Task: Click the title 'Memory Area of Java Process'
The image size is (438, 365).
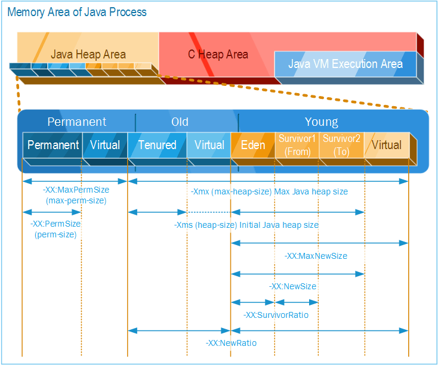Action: [77, 12]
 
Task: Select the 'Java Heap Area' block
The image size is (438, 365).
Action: [88, 54]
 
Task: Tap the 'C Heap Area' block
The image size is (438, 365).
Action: [218, 54]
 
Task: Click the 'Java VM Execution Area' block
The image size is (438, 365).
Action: [345, 64]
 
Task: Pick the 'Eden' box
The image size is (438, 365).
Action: [253, 145]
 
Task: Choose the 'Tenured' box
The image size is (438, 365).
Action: [158, 145]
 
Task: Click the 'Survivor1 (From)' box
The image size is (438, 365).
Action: [297, 145]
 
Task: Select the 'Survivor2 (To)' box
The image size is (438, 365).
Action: [341, 145]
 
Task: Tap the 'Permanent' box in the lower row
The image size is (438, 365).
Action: [53, 145]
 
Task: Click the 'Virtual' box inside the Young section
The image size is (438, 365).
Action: [386, 145]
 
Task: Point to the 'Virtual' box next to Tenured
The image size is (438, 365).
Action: [209, 145]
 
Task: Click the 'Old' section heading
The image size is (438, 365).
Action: [180, 122]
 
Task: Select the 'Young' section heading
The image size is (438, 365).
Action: [321, 122]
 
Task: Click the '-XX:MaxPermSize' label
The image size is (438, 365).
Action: [76, 190]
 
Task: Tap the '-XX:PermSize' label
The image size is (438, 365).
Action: [55, 224]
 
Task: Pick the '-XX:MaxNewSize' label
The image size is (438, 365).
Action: [316, 256]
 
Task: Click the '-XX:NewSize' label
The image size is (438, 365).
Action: [292, 287]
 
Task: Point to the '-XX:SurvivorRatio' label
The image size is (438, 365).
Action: [276, 315]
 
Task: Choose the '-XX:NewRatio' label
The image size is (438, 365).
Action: [231, 344]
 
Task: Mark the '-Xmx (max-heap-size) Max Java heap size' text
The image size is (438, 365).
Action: [269, 192]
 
